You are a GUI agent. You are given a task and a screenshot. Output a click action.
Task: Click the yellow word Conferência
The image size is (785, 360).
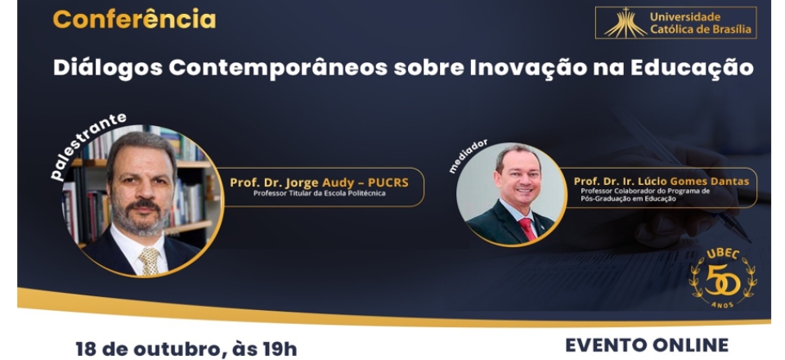134,20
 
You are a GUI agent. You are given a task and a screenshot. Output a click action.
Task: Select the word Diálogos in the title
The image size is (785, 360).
108,69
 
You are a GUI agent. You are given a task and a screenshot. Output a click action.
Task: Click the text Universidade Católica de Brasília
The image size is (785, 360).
701,23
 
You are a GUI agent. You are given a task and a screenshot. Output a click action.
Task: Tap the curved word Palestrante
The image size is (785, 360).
86,145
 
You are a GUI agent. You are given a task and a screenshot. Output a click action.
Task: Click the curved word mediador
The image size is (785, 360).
468,156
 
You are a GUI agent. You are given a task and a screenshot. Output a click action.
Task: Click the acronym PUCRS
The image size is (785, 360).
388,182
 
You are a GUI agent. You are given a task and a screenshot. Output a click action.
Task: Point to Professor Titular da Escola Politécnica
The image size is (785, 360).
320,193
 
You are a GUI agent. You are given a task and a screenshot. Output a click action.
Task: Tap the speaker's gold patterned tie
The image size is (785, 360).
149,260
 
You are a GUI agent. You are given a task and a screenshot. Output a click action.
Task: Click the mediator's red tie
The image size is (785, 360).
527,229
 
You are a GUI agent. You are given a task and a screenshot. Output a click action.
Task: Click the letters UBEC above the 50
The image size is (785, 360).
723,254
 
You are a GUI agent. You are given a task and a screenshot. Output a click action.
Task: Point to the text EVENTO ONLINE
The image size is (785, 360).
647,345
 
